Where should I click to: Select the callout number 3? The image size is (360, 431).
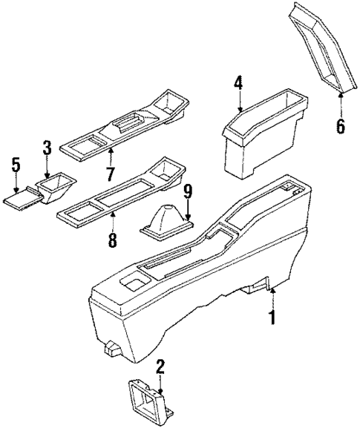point(47,147)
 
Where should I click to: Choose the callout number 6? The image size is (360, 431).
point(340,125)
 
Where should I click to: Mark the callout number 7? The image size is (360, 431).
point(110,174)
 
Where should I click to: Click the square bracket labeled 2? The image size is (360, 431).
point(149,407)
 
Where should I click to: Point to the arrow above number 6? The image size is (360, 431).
point(340,102)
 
